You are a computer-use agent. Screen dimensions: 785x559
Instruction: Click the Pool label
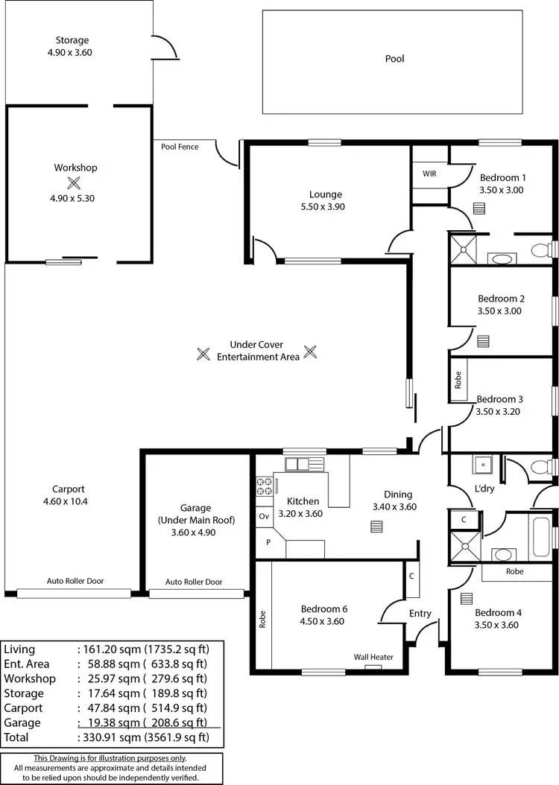394,58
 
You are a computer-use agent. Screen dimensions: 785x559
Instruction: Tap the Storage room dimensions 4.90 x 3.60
72,53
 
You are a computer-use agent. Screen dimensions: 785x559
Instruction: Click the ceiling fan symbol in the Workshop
73,183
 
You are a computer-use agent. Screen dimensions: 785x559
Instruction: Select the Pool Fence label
180,147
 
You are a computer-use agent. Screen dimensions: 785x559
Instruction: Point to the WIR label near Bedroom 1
429,174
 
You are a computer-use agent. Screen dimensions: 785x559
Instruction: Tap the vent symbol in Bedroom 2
483,341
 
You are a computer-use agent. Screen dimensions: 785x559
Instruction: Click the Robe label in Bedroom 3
458,381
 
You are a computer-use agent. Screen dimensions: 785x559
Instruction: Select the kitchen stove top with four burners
265,486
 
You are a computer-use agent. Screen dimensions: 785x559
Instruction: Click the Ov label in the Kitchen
264,515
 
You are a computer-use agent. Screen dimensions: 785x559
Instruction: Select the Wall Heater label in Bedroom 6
373,657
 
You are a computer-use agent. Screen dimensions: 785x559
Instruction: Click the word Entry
420,613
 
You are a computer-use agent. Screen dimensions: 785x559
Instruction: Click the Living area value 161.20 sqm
113,649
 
